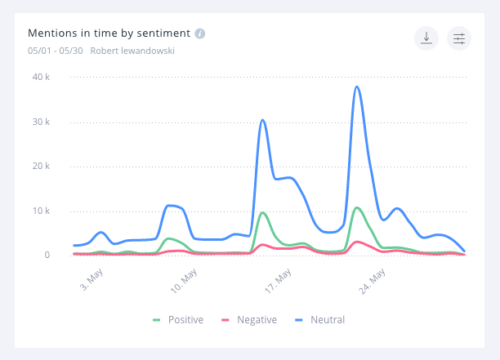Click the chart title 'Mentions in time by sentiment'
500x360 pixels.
(109, 33)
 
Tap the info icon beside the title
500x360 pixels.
(200, 33)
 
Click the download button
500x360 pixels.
(426, 38)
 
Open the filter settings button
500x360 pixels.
(459, 38)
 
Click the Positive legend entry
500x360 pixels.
(178, 320)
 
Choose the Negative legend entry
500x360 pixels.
(249, 320)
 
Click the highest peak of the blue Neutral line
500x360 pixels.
(357, 87)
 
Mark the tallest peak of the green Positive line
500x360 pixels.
(357, 207)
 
